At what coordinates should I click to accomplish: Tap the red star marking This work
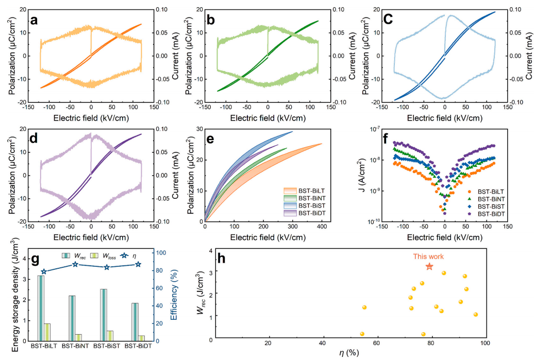(x=429, y=266)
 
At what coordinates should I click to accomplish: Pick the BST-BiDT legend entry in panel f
(x=491, y=213)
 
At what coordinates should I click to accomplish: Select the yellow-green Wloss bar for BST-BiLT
(x=47, y=332)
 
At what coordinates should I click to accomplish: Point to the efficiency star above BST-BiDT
(x=138, y=264)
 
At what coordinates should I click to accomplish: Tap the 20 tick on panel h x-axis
(x=268, y=344)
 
